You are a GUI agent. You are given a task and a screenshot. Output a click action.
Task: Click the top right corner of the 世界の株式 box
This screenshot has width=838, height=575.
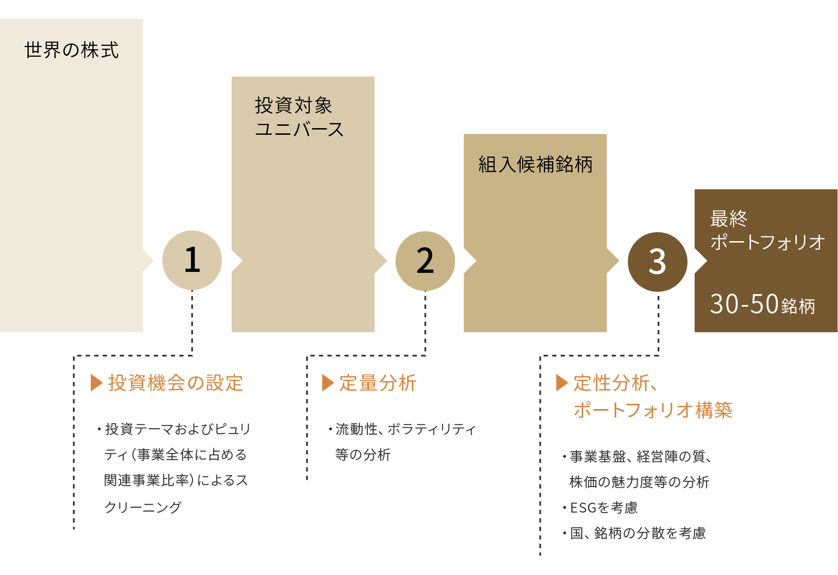pyautogui.click(x=143, y=19)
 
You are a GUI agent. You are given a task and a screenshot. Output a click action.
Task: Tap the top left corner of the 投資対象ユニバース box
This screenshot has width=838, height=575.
pyautogui.click(x=232, y=77)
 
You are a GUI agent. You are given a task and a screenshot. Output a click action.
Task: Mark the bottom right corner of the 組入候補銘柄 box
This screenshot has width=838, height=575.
pyautogui.click(x=607, y=332)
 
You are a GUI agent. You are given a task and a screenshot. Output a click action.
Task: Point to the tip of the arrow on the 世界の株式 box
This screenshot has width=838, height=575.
pyautogui.click(x=154, y=261)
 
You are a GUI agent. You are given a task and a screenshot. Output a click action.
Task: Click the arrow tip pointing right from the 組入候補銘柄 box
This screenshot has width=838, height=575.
pyautogui.click(x=619, y=261)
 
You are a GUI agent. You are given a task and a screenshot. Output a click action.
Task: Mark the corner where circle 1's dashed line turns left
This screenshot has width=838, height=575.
pyautogui.click(x=192, y=356)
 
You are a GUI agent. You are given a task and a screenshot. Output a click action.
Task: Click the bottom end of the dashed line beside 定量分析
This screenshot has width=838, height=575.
pyautogui.click(x=307, y=479)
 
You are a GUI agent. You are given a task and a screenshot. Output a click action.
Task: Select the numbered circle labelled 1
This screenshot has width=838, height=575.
pyautogui.click(x=192, y=260)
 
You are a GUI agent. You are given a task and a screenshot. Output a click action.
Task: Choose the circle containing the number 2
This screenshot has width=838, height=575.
pyautogui.click(x=425, y=261)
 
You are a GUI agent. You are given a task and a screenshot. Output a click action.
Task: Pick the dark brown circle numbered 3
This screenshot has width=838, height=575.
pyautogui.click(x=658, y=262)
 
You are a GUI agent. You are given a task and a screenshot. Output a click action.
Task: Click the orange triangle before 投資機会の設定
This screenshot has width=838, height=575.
pyautogui.click(x=96, y=383)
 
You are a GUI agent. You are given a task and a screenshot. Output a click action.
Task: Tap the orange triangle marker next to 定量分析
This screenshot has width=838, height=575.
pyautogui.click(x=328, y=383)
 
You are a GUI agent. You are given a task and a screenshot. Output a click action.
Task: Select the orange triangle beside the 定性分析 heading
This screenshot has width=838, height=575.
pyautogui.click(x=562, y=383)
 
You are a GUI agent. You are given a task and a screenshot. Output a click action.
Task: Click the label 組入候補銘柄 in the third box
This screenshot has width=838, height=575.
pyautogui.click(x=535, y=165)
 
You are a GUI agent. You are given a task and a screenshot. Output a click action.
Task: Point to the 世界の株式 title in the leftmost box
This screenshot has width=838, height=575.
pyautogui.click(x=71, y=50)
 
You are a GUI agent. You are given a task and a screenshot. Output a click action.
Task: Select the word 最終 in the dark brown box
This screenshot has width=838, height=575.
pyautogui.click(x=729, y=218)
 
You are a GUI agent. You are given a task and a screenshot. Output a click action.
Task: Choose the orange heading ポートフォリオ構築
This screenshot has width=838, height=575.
pyautogui.click(x=653, y=410)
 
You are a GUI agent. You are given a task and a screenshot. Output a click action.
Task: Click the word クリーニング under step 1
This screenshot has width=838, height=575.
pyautogui.click(x=143, y=507)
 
